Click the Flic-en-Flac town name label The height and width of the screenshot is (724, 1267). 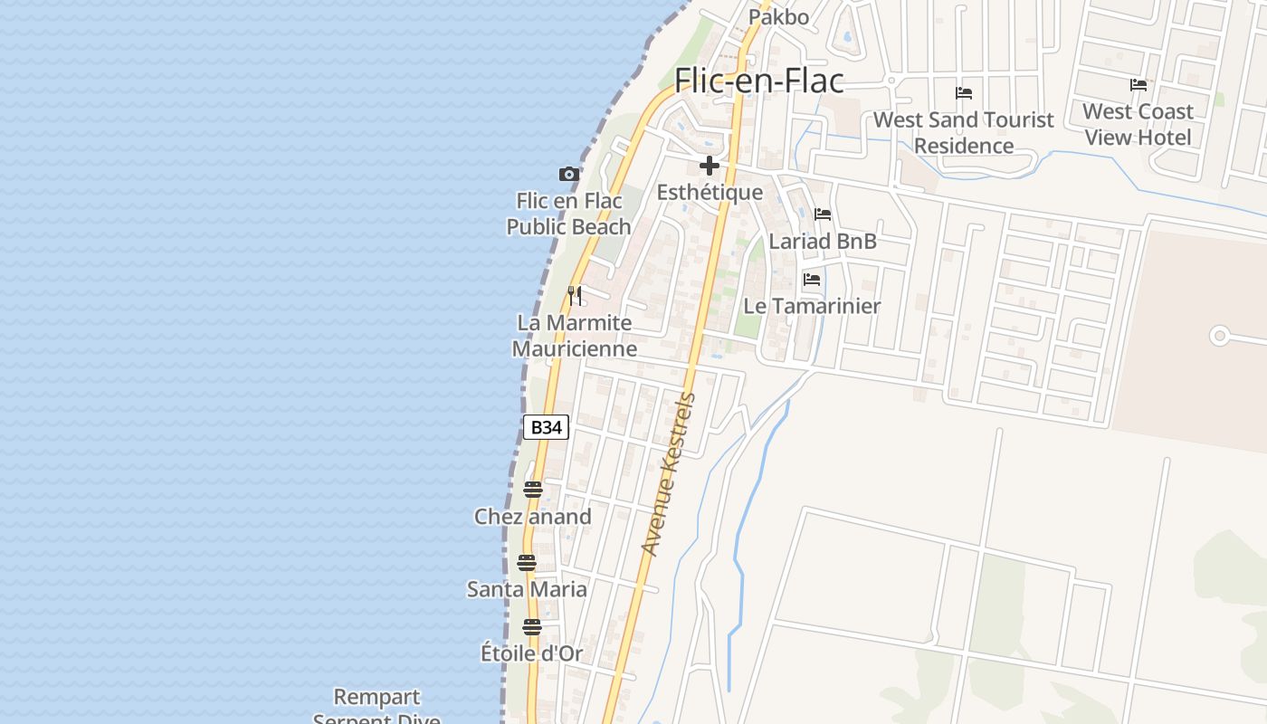(x=758, y=81)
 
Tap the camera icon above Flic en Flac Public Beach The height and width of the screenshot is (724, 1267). (x=568, y=174)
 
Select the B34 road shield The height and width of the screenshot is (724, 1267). (x=546, y=427)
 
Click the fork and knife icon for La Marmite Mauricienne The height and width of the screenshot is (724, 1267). (x=574, y=295)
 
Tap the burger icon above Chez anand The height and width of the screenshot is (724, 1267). (x=532, y=490)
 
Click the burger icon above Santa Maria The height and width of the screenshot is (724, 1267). (x=527, y=563)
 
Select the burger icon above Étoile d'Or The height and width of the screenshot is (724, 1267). (x=531, y=626)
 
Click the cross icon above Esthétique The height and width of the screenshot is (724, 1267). (x=710, y=166)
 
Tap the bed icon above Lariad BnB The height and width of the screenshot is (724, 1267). (x=822, y=214)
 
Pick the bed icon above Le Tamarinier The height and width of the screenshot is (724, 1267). (x=812, y=280)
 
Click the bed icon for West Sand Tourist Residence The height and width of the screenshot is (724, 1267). (x=964, y=92)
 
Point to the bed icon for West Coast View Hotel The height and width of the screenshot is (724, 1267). (x=1138, y=85)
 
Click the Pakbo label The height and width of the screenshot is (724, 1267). (x=778, y=16)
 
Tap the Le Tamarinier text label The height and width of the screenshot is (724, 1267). (x=812, y=306)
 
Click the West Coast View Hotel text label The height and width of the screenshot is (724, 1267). (x=1138, y=125)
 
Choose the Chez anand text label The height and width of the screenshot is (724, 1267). (x=533, y=517)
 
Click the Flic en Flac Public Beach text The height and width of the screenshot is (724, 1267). (x=568, y=214)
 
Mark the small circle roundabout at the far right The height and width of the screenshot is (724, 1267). (x=1219, y=337)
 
